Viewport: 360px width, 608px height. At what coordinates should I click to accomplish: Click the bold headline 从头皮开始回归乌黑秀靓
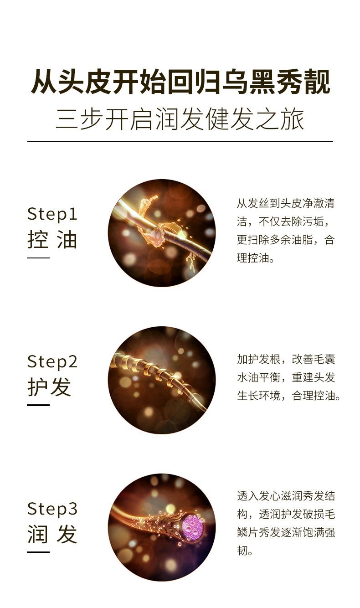pos(180,82)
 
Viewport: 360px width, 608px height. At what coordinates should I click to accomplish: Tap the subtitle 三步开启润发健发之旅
pos(180,119)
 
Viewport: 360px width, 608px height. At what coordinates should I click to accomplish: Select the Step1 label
pos(52,214)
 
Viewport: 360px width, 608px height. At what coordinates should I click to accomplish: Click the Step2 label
pos(52,361)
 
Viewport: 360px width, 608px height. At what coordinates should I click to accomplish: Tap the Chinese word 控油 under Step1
pos(52,240)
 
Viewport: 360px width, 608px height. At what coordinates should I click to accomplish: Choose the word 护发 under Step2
pos(49,387)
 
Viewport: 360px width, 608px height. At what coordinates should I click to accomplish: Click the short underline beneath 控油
pos(38,258)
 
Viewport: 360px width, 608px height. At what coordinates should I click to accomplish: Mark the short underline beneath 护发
pos(38,405)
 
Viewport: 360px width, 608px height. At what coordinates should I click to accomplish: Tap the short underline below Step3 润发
pos(38,552)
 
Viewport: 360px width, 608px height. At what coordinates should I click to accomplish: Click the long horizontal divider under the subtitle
pos(180,141)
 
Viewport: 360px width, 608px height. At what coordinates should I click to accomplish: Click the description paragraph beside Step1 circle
pos(285,231)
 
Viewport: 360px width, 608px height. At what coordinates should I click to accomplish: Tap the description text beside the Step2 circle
pos(288,377)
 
